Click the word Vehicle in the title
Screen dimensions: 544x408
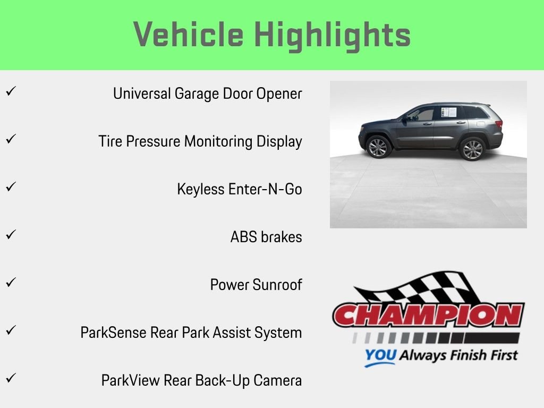coord(189,35)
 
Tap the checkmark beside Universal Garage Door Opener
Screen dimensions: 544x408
coord(11,91)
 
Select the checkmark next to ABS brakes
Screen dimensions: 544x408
coord(11,234)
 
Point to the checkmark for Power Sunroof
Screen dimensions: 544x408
coord(11,282)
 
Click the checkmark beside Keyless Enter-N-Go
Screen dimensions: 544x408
coord(11,186)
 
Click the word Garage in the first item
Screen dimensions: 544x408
coord(197,94)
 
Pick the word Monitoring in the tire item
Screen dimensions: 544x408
coord(218,142)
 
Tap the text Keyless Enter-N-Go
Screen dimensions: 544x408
coord(240,189)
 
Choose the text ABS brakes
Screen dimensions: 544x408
coord(266,237)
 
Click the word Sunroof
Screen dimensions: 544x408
coord(277,285)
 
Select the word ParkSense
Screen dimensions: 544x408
coord(113,333)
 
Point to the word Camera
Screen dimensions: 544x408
coord(277,380)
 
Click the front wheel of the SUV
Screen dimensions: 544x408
coord(378,148)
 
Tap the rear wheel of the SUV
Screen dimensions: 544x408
coord(472,149)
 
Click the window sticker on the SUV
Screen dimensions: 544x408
coord(448,112)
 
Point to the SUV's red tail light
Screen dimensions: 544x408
coord(499,124)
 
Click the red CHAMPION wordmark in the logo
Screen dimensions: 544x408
coord(429,315)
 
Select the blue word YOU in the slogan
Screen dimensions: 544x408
coord(380,355)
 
